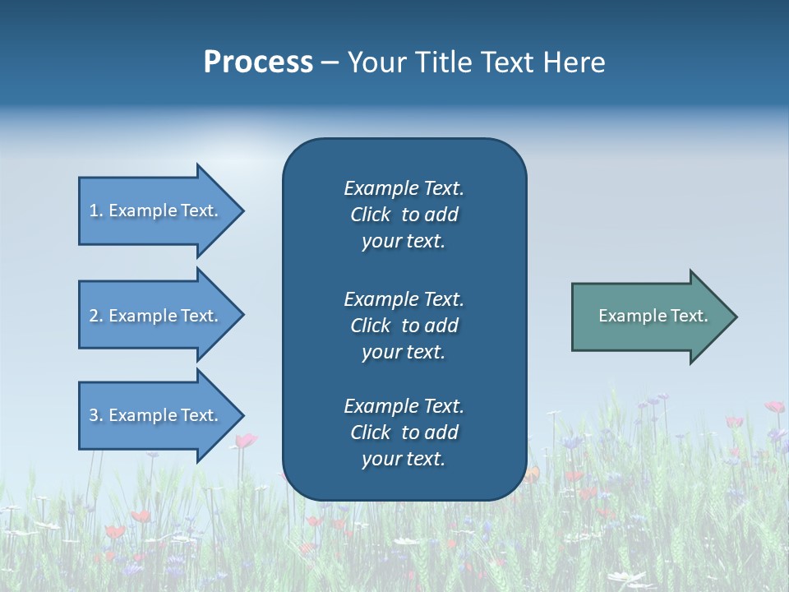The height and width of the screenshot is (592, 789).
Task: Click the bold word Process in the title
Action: (258, 62)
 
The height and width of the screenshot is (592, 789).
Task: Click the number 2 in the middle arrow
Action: (94, 316)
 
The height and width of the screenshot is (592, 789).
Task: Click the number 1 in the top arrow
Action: (94, 210)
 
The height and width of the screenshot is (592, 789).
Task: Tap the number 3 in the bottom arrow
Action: (94, 415)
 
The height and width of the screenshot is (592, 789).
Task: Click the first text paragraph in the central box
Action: (404, 215)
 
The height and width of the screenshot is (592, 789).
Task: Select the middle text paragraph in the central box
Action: (404, 326)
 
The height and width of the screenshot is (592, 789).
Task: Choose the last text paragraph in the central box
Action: (404, 432)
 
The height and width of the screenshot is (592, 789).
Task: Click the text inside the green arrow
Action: (653, 316)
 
